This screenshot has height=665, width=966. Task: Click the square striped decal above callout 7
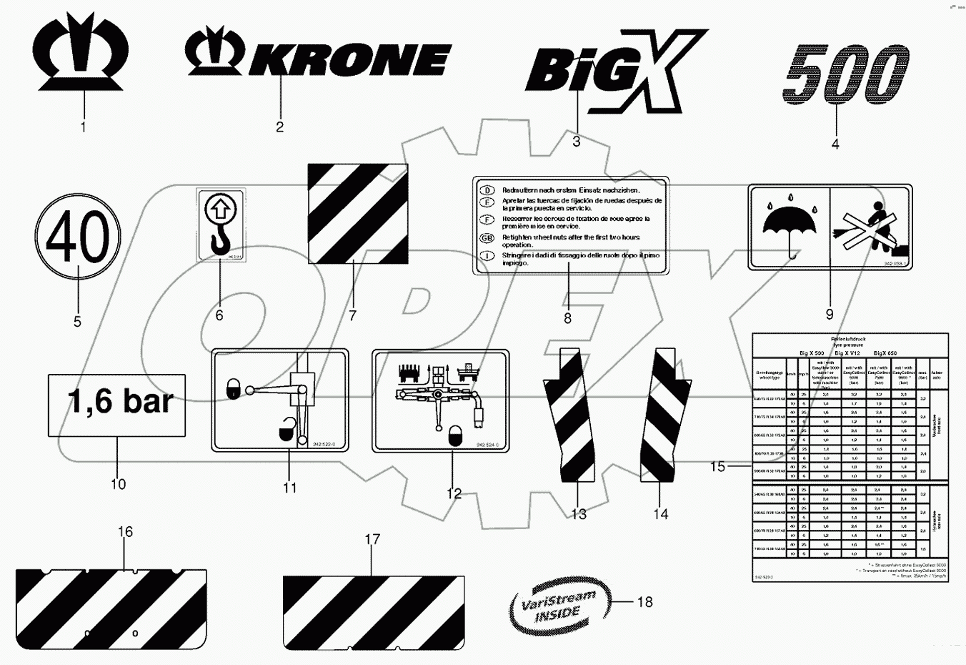pos(358,214)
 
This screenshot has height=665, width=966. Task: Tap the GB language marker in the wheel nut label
pos(487,237)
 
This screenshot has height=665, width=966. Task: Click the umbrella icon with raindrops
pos(789,222)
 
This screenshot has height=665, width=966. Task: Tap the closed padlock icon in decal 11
pos(234,388)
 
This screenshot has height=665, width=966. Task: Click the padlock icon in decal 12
pos(454,435)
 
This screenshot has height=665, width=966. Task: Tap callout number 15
pos(717,467)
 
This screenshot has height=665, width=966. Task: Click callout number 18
pos(644,602)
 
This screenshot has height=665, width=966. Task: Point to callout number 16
pos(126,532)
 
